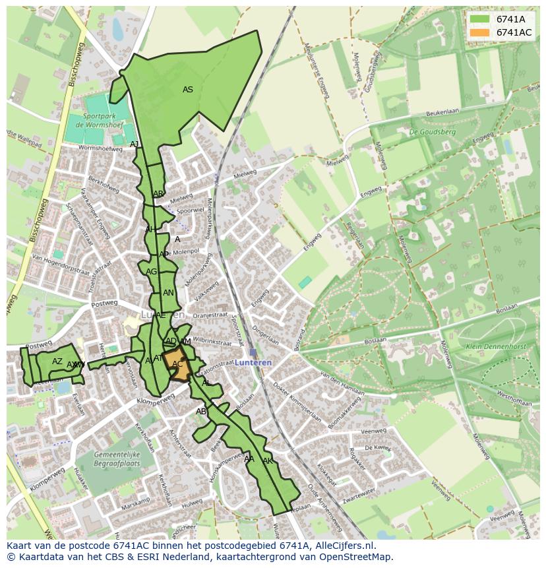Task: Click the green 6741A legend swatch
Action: pos(479,19)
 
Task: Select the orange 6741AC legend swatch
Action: pos(479,32)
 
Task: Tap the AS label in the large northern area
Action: pos(188,90)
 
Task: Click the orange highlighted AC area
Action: pos(178,367)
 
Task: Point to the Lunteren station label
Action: pos(253,363)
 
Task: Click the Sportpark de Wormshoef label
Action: pos(97,121)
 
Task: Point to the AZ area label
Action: pos(57,362)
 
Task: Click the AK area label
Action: pos(268,460)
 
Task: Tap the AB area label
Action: pos(201,412)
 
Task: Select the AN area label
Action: pos(168,293)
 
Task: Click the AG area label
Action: pos(152,272)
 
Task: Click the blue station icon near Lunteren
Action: pos(253,353)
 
